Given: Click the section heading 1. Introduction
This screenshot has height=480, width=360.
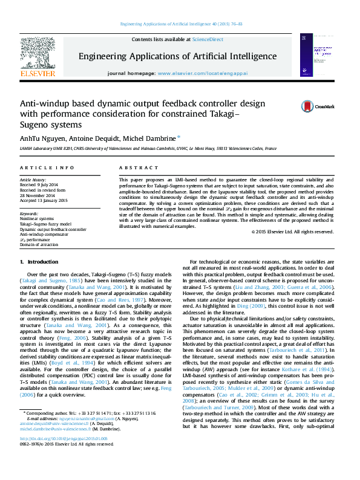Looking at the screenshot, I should pos(39,262).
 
